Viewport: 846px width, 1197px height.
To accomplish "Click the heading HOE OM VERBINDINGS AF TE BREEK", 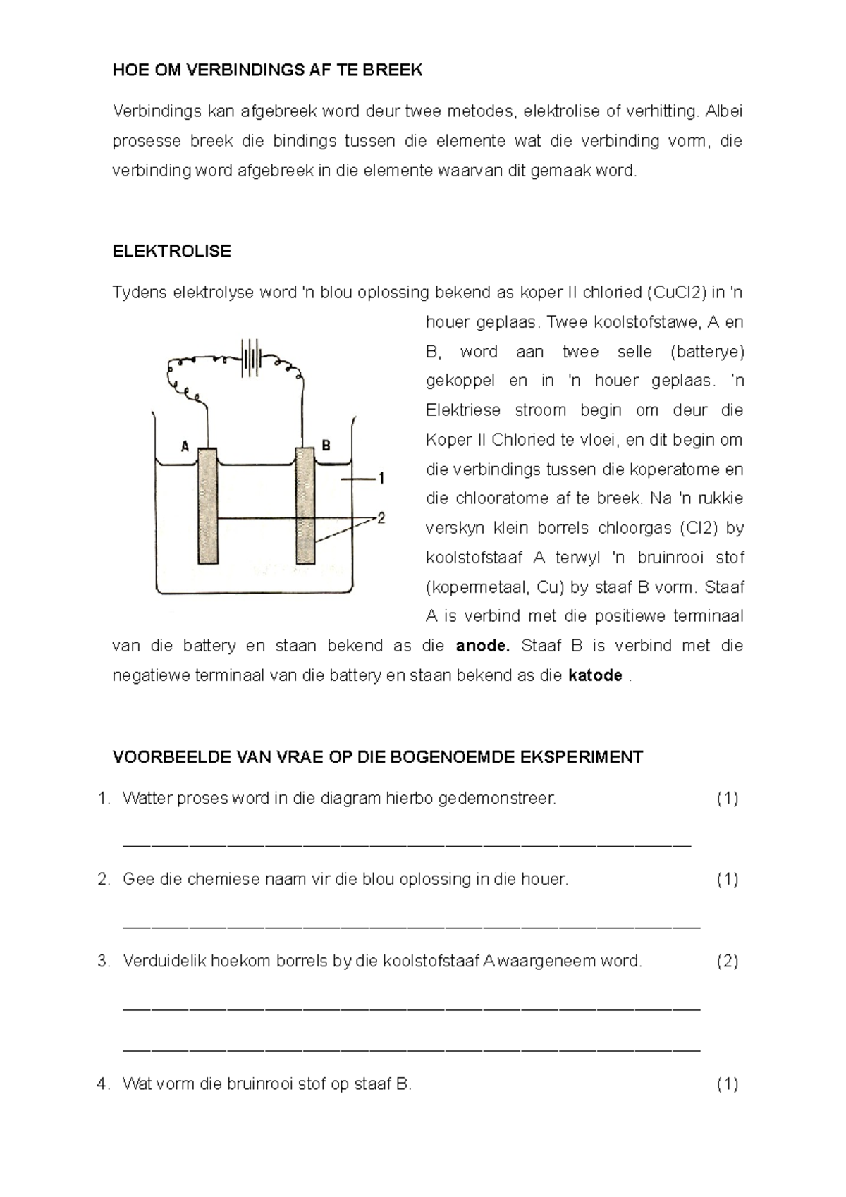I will coord(267,70).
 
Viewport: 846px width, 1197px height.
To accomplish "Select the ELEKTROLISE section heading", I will coord(171,252).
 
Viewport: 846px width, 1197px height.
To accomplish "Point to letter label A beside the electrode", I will coord(185,446).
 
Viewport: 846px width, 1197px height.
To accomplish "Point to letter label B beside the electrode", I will coord(326,446).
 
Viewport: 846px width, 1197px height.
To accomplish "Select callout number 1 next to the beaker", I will coord(381,479).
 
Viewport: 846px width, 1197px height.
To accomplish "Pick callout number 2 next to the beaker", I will coord(381,518).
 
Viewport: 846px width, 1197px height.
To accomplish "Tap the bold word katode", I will coord(594,675).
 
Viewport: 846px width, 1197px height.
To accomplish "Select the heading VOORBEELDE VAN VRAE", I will coord(377,757).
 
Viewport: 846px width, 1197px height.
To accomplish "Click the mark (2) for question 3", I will coord(727,961).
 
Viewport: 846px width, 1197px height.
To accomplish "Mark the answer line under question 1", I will coord(407,844).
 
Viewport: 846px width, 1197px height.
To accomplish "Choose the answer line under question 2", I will coord(411,926).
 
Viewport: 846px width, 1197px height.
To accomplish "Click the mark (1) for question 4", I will coord(727,1084).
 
